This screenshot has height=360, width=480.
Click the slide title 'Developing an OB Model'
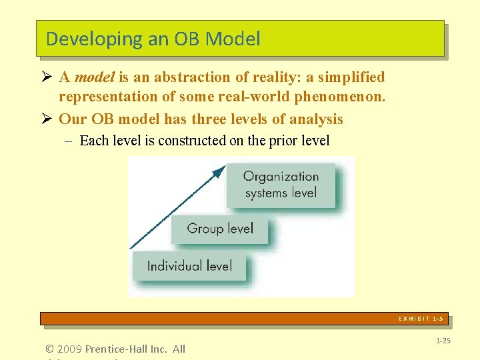tap(153, 39)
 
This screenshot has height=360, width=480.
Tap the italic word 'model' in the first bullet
tap(95, 77)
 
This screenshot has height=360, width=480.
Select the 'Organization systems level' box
tap(281, 185)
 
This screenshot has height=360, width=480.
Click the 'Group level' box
tap(220, 229)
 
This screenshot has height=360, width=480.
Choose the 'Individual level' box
tap(189, 266)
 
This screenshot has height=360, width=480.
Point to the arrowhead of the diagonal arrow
tap(219, 172)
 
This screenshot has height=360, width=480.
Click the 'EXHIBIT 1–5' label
tap(420, 319)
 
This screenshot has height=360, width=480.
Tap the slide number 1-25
tap(443, 341)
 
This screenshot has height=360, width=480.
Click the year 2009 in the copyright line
tap(71, 349)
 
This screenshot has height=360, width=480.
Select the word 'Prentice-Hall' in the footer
tap(116, 349)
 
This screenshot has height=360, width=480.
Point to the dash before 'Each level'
tap(69, 141)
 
